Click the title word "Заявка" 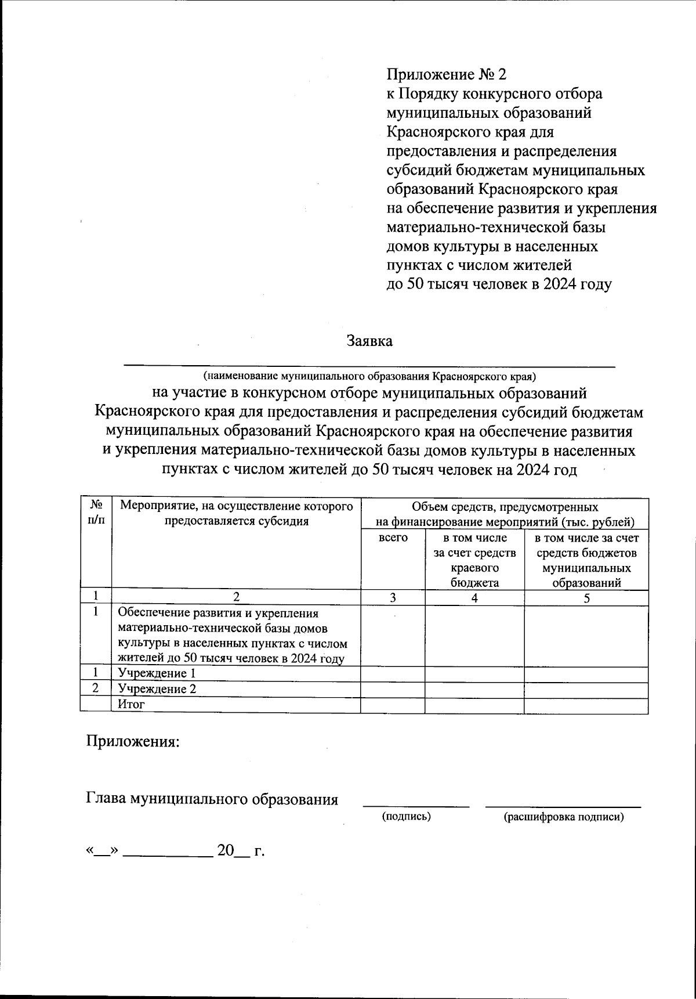click(x=369, y=341)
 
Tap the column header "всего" click(x=393, y=538)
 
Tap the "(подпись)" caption click(x=406, y=817)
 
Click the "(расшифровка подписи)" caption click(x=564, y=817)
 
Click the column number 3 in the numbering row click(x=393, y=598)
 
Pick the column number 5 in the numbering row click(x=586, y=598)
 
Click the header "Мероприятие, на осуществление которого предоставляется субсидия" click(x=236, y=513)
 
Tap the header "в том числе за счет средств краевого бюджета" click(x=474, y=560)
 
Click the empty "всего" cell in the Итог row click(x=393, y=705)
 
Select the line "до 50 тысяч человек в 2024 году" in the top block click(x=499, y=284)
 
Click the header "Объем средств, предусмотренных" click(x=505, y=506)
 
